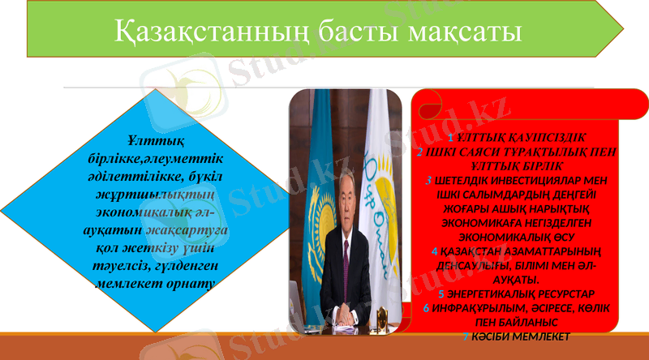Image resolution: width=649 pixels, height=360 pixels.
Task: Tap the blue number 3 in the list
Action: point(428,179)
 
